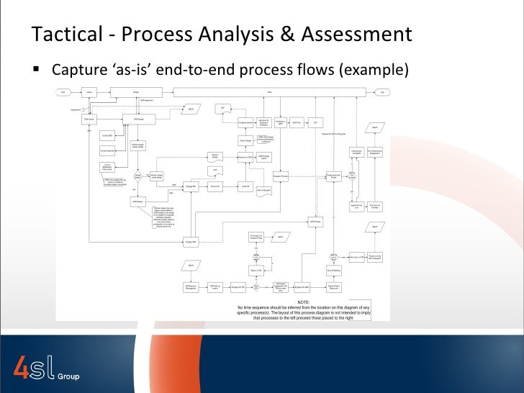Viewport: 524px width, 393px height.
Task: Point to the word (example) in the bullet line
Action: click(x=376, y=71)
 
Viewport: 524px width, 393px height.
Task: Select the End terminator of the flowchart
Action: click(x=383, y=92)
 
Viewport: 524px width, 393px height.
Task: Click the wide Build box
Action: click(x=269, y=92)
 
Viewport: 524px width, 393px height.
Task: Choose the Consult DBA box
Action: click(x=107, y=135)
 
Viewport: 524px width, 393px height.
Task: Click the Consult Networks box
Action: click(x=107, y=150)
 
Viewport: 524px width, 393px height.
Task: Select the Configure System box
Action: click(x=245, y=123)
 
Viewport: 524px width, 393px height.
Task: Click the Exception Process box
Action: click(x=281, y=176)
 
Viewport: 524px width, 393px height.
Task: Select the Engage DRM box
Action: click(x=191, y=240)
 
